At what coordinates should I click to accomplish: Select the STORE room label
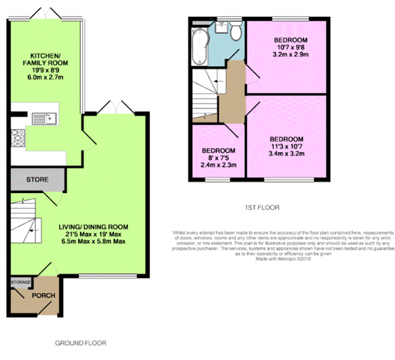[37, 180]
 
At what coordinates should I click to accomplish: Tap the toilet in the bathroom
[236, 31]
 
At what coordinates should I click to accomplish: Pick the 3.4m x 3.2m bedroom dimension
[287, 154]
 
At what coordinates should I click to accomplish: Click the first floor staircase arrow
[214, 83]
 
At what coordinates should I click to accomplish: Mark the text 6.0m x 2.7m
[44, 77]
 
